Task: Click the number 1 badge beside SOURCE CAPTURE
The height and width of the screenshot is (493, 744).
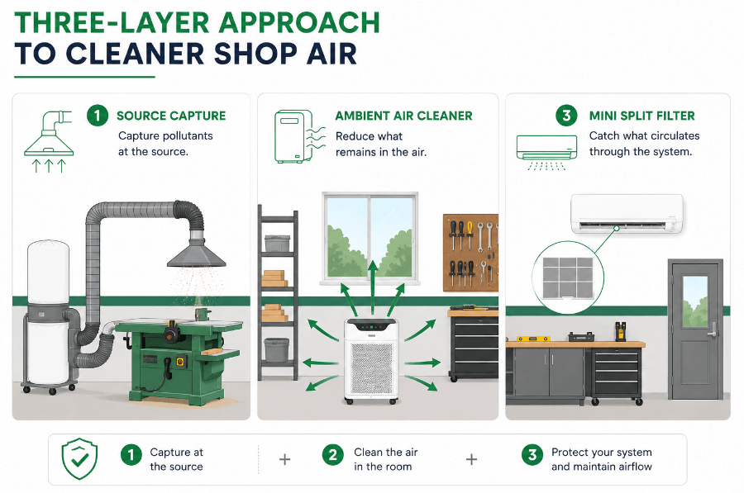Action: (x=98, y=116)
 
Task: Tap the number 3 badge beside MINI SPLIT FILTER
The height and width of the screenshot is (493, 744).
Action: (x=566, y=115)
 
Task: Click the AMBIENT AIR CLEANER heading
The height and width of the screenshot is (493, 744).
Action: (x=403, y=116)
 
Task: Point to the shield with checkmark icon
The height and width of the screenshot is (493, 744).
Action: (x=79, y=458)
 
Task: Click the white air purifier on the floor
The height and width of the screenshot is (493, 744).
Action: (x=371, y=361)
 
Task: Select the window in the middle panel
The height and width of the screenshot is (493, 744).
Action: (x=370, y=237)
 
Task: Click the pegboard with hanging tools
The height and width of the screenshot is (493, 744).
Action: (x=470, y=253)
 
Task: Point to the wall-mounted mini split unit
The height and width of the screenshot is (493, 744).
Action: (x=627, y=213)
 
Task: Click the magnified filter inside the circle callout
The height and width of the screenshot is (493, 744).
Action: (x=568, y=277)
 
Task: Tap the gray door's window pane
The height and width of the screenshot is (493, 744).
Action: (x=695, y=301)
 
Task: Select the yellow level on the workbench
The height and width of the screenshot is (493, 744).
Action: (x=533, y=339)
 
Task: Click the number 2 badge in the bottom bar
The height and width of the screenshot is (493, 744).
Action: (x=332, y=455)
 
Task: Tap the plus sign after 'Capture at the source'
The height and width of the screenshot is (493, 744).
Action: (x=284, y=459)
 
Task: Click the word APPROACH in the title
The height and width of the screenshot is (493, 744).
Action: (x=299, y=22)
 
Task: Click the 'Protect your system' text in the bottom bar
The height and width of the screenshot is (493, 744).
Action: (x=602, y=453)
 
